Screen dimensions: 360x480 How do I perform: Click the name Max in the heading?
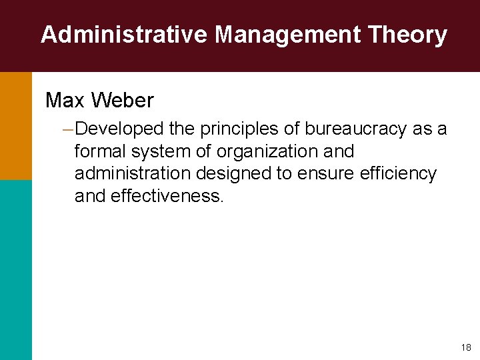65,101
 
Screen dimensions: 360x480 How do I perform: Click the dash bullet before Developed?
66,129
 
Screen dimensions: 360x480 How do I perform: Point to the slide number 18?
465,347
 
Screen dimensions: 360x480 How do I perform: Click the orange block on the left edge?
15,126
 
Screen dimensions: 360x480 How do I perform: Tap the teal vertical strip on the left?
15,270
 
